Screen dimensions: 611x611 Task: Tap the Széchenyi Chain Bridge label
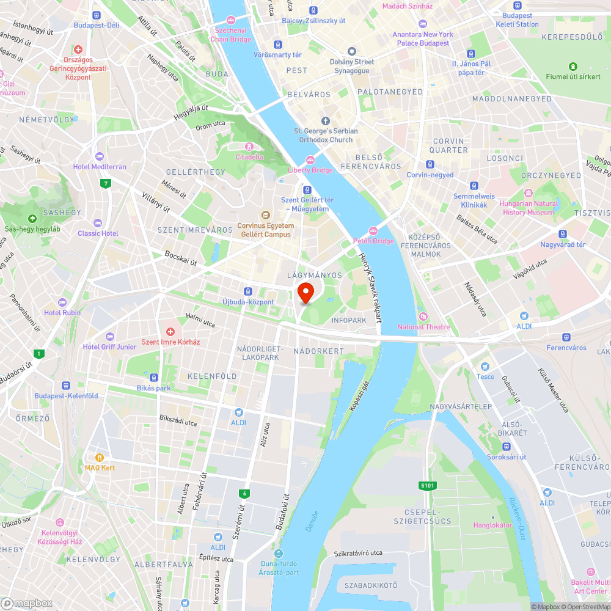(x=230, y=34)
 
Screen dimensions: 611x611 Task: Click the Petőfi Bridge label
(x=373, y=241)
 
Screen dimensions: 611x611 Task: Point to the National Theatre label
(x=423, y=327)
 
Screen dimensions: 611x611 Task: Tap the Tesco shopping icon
(x=485, y=367)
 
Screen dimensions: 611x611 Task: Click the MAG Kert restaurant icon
(x=100, y=457)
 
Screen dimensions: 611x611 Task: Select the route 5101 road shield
(x=428, y=486)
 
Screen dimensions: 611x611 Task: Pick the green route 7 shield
(x=106, y=183)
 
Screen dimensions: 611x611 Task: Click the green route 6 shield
(x=244, y=493)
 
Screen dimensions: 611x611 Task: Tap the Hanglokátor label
(x=492, y=525)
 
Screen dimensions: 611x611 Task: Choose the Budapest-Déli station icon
(x=96, y=15)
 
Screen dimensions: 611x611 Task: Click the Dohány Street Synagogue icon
(x=351, y=51)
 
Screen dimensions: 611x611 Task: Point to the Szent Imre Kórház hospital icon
(x=170, y=331)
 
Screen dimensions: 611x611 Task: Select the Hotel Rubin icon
(x=62, y=302)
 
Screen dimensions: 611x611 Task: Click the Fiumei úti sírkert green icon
(x=573, y=66)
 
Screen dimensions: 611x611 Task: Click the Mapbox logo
(x=27, y=603)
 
